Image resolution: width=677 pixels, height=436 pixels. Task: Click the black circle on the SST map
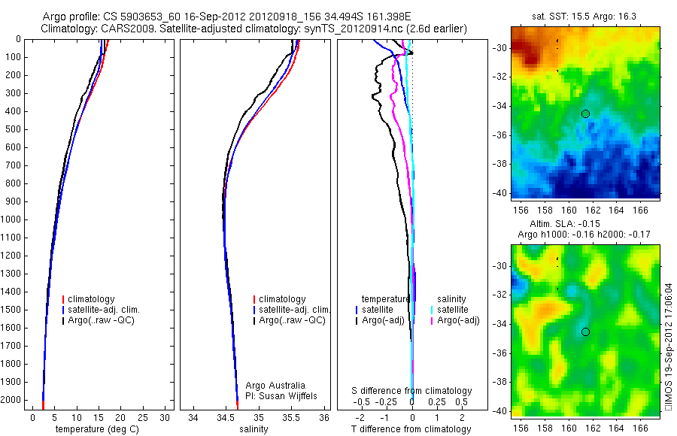[x=585, y=114]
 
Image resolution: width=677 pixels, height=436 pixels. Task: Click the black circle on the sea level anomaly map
[x=585, y=332]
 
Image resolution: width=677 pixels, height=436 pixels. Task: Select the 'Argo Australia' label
[x=277, y=385]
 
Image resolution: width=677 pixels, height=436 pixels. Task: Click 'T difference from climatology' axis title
[x=411, y=429]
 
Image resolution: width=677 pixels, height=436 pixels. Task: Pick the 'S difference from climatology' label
[x=411, y=391]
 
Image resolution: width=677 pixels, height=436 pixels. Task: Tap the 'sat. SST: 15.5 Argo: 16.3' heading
[x=581, y=17]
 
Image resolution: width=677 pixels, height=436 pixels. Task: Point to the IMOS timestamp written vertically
[x=667, y=347]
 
